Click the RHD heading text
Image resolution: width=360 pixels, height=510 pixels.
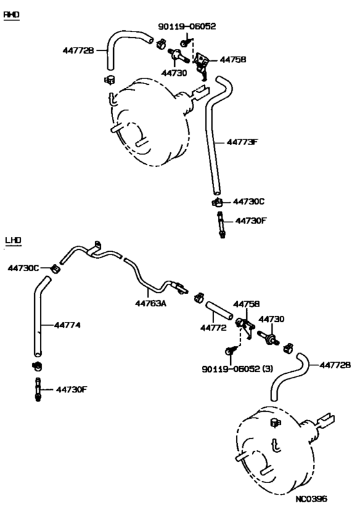(12, 15)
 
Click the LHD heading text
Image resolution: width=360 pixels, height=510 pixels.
(14, 240)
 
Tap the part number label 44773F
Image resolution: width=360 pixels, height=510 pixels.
(242, 142)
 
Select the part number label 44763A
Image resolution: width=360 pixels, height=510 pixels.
(150, 303)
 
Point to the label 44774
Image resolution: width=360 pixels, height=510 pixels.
(67, 325)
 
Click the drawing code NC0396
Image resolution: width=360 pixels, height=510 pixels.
(312, 498)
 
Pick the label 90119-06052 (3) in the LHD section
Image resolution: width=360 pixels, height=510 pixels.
(237, 369)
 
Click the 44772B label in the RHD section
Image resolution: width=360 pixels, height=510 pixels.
(78, 50)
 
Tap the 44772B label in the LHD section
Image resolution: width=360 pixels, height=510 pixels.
(336, 365)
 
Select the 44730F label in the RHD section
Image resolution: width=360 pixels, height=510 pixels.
(251, 221)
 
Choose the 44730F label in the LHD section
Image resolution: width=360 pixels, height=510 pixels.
(71, 389)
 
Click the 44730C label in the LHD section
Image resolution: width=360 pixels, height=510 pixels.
(23, 268)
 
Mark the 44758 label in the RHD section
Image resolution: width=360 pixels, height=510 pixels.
(233, 60)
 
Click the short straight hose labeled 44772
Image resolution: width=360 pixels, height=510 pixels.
(219, 310)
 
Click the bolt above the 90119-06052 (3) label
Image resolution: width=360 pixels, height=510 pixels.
(230, 351)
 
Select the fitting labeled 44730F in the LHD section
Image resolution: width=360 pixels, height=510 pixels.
(38, 390)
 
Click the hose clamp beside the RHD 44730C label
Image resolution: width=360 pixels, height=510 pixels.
(217, 202)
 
